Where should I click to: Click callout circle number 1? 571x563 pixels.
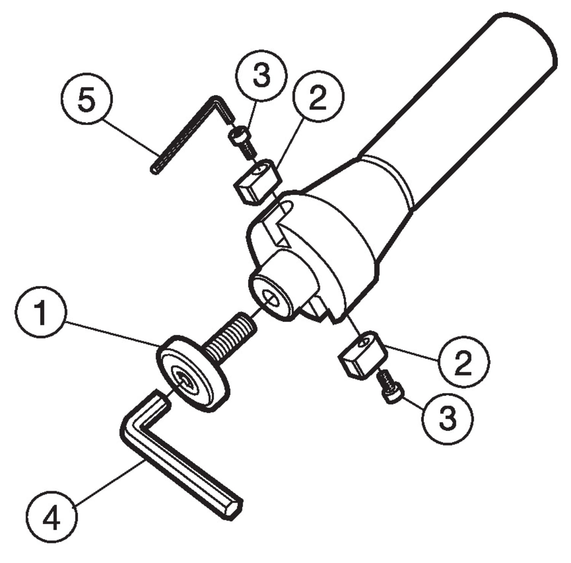click(x=41, y=312)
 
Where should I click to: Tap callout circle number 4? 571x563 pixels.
click(x=52, y=517)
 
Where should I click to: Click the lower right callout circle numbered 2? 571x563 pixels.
click(x=463, y=362)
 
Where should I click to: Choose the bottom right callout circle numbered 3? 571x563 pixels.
click(x=447, y=417)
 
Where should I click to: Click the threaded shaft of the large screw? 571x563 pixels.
click(x=231, y=335)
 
